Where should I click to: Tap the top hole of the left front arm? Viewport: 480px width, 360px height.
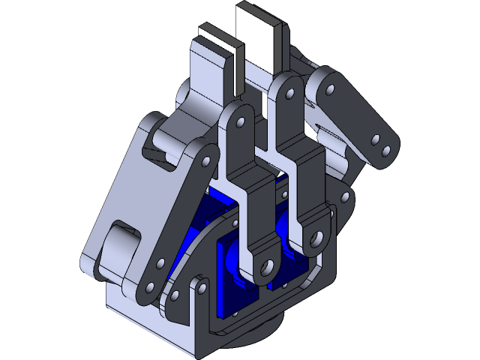click(241, 120)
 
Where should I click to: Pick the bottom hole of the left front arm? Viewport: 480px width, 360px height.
click(267, 267)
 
